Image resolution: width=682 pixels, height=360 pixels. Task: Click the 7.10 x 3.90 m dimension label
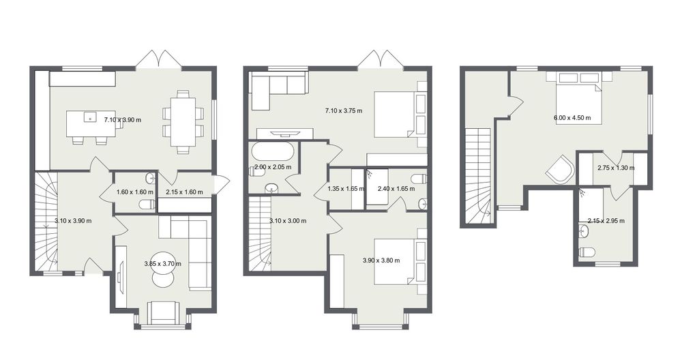[123, 119]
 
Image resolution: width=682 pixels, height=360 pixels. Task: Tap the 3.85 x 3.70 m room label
[163, 263]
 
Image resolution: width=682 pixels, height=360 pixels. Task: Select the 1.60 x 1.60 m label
[135, 192]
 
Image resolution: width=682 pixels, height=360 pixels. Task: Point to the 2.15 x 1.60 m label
[184, 192]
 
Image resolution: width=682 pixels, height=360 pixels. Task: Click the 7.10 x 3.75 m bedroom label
[344, 110]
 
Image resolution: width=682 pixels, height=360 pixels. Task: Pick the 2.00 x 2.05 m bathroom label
[273, 167]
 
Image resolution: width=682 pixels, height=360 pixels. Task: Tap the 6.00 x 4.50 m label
[572, 117]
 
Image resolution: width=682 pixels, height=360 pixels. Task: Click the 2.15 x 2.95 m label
[606, 221]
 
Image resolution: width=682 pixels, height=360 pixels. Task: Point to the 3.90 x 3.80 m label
[381, 260]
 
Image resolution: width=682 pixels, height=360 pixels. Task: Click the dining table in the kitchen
[183, 122]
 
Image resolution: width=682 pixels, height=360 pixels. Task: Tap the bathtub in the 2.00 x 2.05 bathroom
[273, 153]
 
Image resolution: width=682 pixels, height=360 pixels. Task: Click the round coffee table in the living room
[163, 269]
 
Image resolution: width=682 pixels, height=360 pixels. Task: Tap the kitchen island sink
[90, 117]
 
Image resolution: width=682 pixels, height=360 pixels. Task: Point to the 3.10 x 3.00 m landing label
[288, 221]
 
